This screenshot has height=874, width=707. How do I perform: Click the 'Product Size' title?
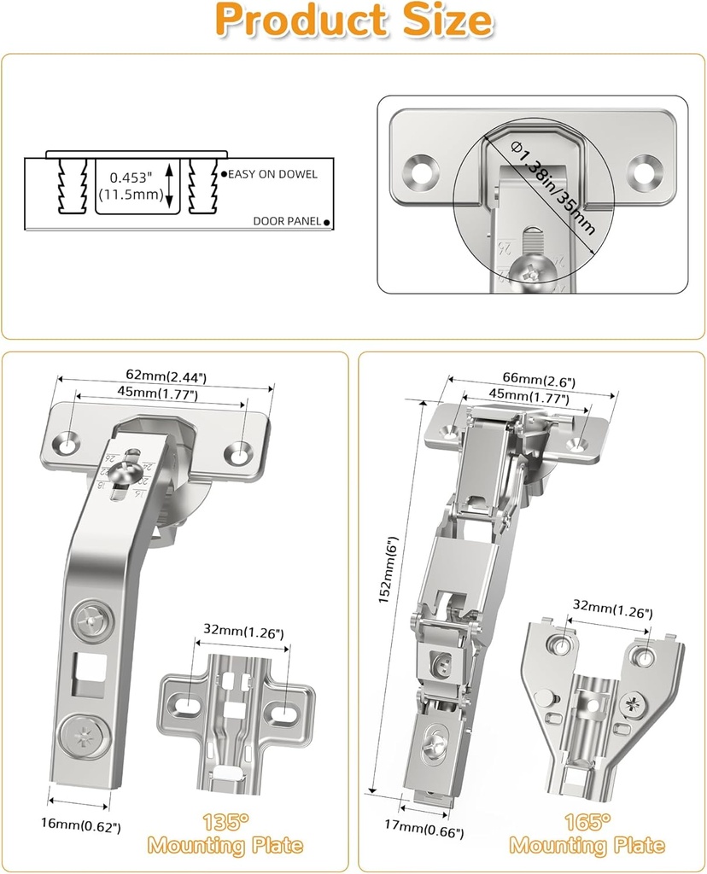tap(353, 21)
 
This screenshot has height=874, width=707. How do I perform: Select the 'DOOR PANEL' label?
tap(287, 221)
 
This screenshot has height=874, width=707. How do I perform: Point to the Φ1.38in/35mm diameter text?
tap(553, 189)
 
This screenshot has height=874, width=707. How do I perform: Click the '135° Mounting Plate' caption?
tap(225, 834)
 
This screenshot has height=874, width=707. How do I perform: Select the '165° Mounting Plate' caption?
tap(587, 834)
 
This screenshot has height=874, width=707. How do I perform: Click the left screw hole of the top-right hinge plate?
tap(422, 170)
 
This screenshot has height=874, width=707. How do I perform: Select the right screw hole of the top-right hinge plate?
tap(645, 171)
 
